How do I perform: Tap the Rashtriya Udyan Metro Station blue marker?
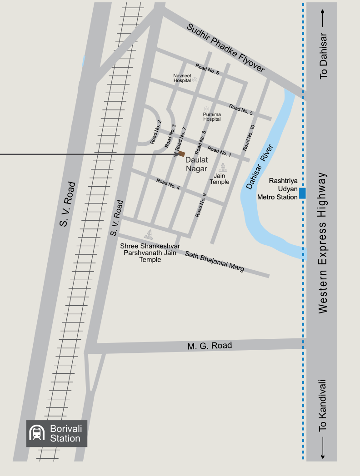(x=302, y=193)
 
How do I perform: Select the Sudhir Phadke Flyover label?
(x=225, y=48)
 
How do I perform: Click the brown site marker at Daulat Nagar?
(x=181, y=154)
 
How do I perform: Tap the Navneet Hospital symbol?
(x=195, y=79)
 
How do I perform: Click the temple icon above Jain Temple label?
(x=223, y=167)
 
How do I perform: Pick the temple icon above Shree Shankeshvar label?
(x=148, y=234)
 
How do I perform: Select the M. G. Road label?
(x=210, y=346)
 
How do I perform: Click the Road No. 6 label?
(x=208, y=69)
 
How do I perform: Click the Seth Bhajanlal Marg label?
(x=215, y=262)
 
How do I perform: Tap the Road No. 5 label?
(x=241, y=109)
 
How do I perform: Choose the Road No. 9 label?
(x=201, y=205)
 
